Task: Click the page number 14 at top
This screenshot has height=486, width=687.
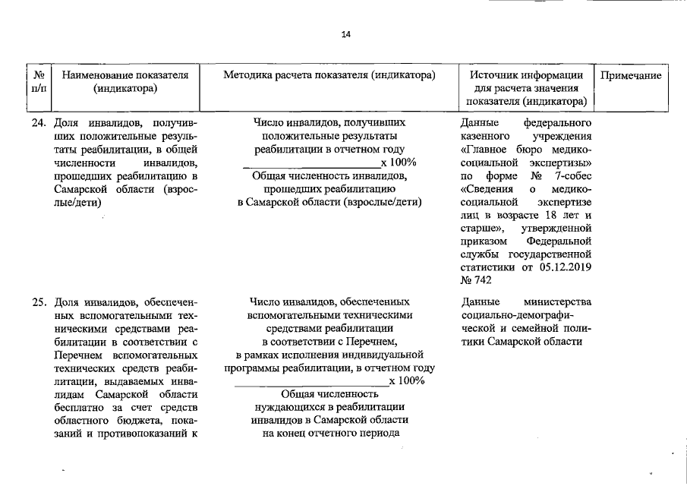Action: click(346, 34)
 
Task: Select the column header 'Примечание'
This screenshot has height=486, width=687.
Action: click(631, 76)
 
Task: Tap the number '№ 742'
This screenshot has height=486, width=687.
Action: click(476, 280)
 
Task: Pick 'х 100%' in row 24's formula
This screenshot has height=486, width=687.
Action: click(398, 163)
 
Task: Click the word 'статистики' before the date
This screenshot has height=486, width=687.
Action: click(487, 267)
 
